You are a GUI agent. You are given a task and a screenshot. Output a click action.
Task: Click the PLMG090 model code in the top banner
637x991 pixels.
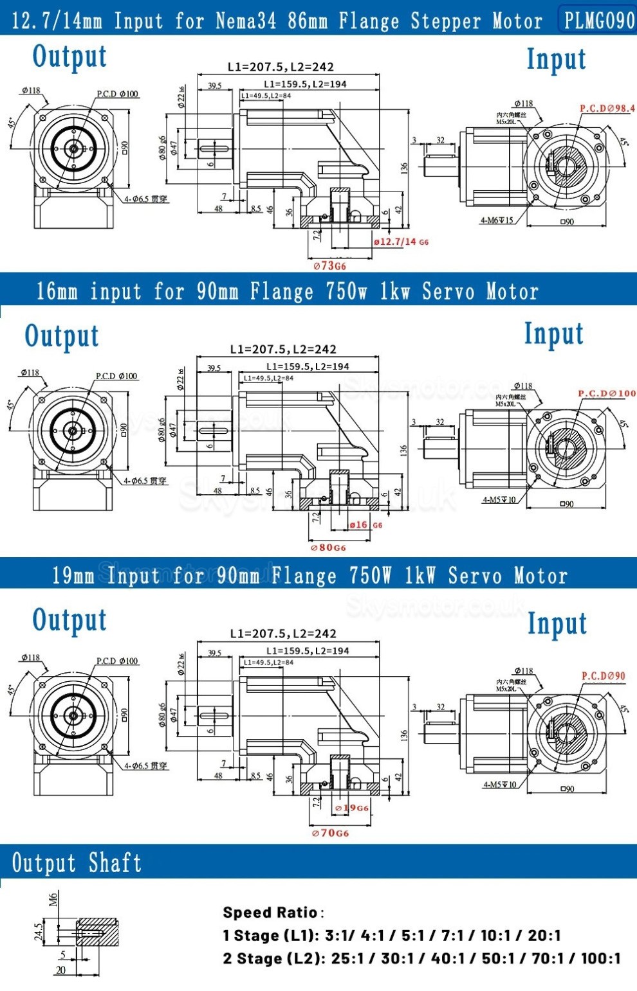598,21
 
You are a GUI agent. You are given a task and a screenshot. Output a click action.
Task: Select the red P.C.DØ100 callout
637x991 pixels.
606,393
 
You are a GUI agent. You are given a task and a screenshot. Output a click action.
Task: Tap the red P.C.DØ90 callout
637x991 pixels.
603,676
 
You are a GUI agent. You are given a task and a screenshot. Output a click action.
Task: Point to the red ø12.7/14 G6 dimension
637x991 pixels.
400,242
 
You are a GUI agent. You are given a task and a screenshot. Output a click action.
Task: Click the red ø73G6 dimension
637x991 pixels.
329,265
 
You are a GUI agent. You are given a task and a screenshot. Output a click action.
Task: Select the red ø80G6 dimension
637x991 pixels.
328,548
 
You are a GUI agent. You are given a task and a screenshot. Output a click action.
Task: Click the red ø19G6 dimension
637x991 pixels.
351,808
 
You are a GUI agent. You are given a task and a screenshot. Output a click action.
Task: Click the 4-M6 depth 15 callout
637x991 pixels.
497,220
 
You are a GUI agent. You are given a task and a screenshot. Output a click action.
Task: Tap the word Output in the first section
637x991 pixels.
69,57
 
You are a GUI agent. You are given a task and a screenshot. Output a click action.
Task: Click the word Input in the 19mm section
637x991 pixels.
557,623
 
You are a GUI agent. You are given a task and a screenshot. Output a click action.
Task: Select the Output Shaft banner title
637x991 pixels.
77,862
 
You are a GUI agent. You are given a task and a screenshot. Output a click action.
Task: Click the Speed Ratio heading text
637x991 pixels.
270,913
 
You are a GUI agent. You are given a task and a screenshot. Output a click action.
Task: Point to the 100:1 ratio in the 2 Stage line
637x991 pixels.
601,958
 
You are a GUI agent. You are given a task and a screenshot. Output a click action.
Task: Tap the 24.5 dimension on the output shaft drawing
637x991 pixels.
38,932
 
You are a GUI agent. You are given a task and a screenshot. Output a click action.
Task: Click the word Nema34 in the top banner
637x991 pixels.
246,21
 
